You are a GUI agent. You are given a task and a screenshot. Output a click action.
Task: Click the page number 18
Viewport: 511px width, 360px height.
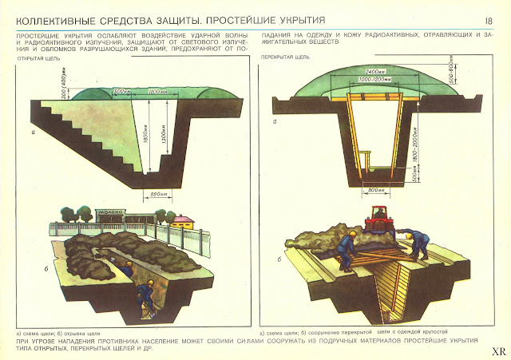(487, 19)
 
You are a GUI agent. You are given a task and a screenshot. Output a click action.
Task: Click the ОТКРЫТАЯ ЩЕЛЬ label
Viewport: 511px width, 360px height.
(38, 58)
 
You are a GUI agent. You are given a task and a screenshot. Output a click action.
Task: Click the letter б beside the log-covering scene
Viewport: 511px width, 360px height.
(276, 259)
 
